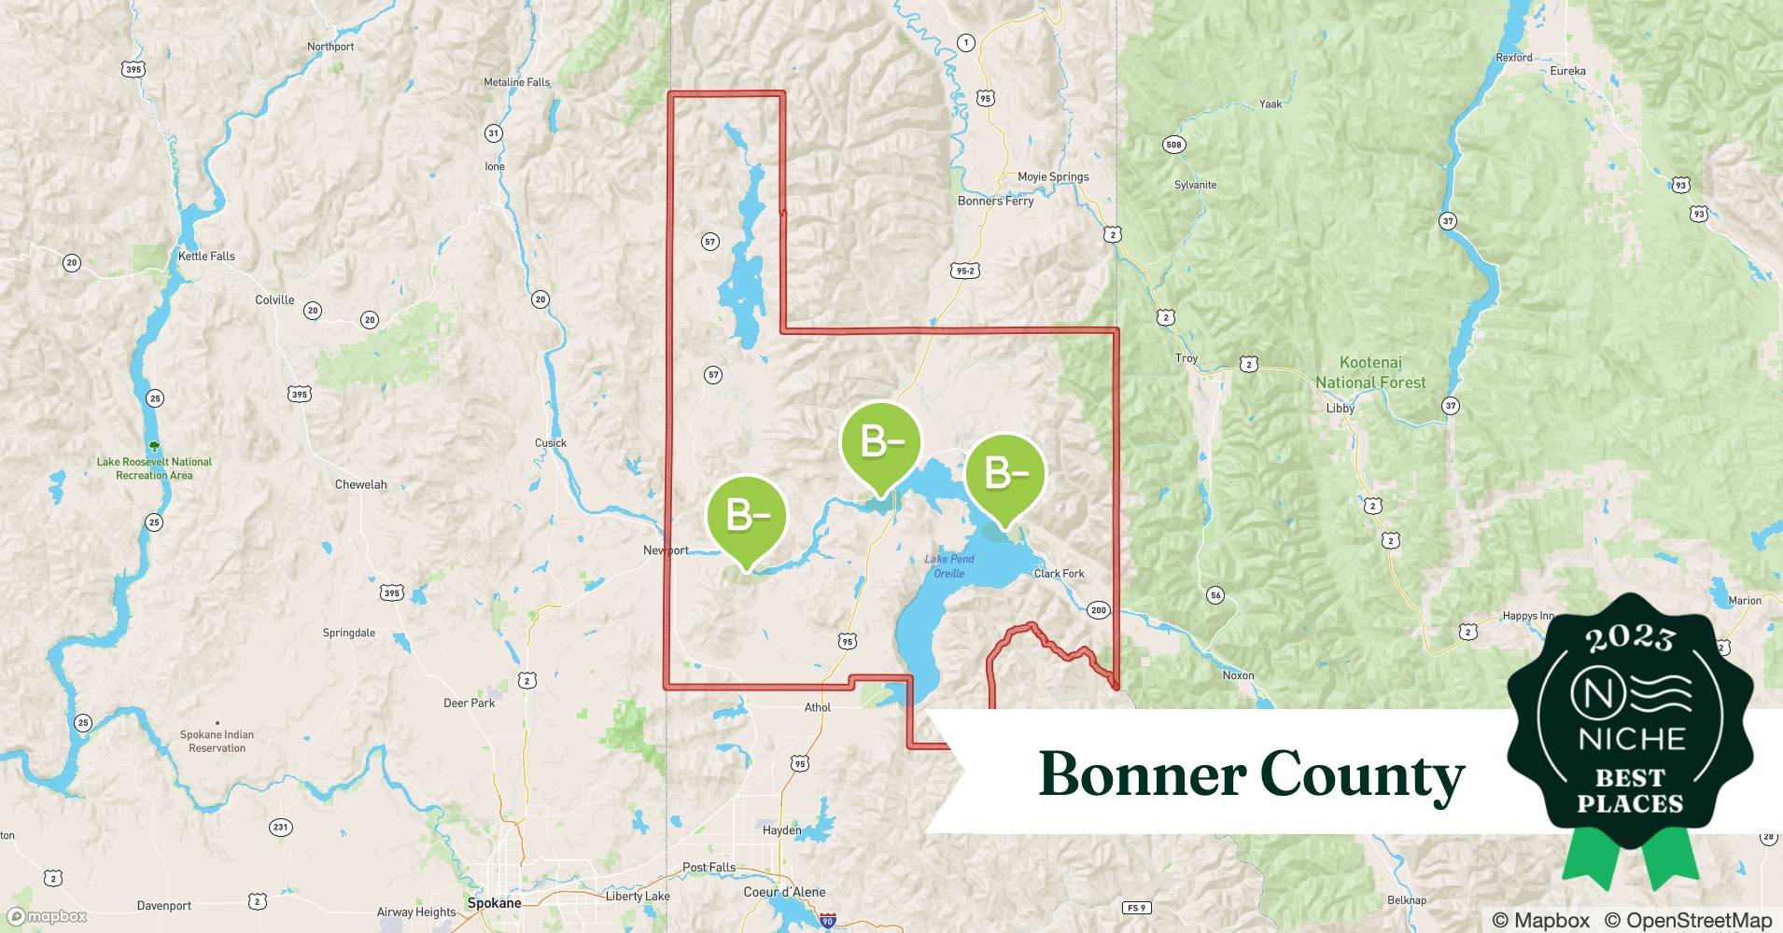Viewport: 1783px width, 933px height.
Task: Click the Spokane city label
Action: pyautogui.click(x=494, y=903)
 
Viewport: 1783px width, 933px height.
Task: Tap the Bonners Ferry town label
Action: pyautogui.click(x=995, y=201)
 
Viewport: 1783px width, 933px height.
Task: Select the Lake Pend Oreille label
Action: pyautogui.click(x=949, y=566)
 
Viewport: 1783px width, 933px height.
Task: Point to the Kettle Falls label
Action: pyautogui.click(x=206, y=256)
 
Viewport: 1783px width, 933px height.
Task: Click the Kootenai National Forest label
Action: pyautogui.click(x=1370, y=372)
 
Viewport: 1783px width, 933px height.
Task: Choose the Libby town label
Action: pyautogui.click(x=1340, y=408)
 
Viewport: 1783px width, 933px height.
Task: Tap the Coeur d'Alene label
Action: pyautogui.click(x=784, y=892)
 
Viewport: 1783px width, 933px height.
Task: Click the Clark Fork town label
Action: pyautogui.click(x=1059, y=574)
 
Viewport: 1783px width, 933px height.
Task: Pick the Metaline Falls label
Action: pyautogui.click(x=516, y=82)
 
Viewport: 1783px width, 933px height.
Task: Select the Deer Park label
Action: pyautogui.click(x=469, y=703)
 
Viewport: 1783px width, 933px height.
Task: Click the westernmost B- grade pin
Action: pyautogui.click(x=747, y=517)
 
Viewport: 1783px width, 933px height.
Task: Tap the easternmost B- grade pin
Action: pyautogui.click(x=1005, y=476)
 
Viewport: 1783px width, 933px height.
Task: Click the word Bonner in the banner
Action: pyautogui.click(x=1142, y=774)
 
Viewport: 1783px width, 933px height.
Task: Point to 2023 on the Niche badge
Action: pyautogui.click(x=1630, y=638)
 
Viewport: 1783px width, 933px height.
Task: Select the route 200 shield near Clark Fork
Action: pyautogui.click(x=1098, y=610)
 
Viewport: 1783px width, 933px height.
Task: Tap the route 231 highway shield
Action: pyautogui.click(x=280, y=827)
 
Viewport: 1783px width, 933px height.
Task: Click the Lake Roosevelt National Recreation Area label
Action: pyautogui.click(x=154, y=468)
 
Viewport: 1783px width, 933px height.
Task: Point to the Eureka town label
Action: pyautogui.click(x=1567, y=71)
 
